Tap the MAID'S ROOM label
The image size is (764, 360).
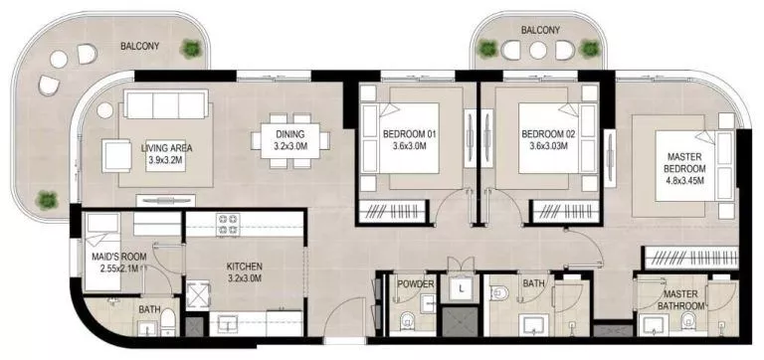click(120, 263)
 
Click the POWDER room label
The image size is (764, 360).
click(415, 284)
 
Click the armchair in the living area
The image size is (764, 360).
click(115, 154)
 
